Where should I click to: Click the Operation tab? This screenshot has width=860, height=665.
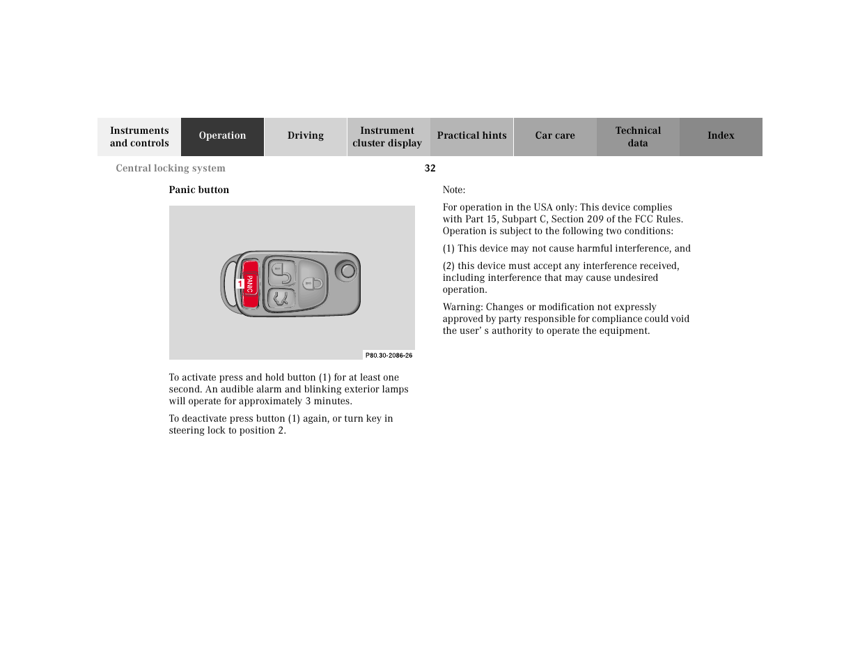click(x=222, y=136)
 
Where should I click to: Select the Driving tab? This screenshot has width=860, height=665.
click(x=305, y=136)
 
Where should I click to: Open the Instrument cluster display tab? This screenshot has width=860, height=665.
click(x=387, y=137)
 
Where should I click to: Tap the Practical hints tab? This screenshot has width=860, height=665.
click(x=471, y=136)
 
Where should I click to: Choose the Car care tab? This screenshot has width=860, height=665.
click(x=554, y=136)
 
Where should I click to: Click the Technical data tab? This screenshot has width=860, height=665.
click(x=637, y=137)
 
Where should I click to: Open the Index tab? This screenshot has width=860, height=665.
click(x=721, y=136)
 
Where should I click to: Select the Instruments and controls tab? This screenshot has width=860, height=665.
click(x=139, y=137)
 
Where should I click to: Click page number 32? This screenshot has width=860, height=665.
click(x=430, y=168)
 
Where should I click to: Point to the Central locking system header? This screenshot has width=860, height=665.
click(x=171, y=168)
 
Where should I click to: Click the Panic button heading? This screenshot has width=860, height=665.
click(x=198, y=190)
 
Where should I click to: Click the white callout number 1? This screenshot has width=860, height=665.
click(x=240, y=284)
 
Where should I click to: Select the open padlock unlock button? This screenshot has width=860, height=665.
click(x=281, y=272)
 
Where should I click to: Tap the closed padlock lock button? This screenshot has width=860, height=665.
click(x=315, y=282)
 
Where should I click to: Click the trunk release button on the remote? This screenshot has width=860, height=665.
click(x=281, y=299)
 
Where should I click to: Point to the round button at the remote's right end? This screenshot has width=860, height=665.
click(x=347, y=270)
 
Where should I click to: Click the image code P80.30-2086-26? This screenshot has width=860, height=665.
click(x=389, y=356)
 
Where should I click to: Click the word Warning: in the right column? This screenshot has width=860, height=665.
click(x=462, y=307)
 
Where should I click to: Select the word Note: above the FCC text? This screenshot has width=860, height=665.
click(x=454, y=190)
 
